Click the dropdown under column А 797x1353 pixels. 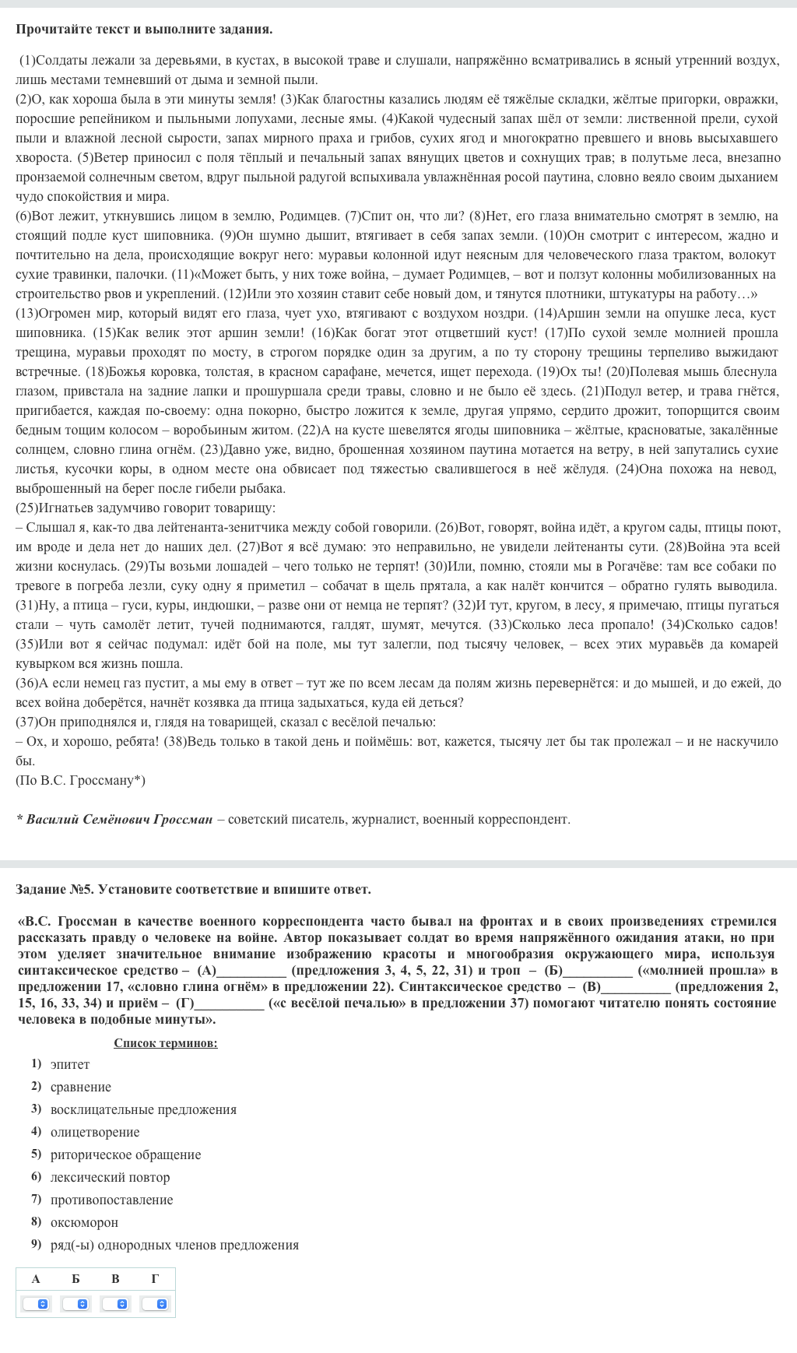(37, 1303)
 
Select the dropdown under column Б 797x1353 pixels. (76, 1303)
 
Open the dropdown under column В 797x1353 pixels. (116, 1303)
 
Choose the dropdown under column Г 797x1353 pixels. (156, 1303)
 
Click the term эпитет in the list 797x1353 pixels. (70, 1064)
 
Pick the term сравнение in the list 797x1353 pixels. (81, 1087)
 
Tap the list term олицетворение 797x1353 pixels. (95, 1132)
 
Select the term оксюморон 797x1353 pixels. (84, 1222)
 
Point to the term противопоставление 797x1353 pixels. (111, 1200)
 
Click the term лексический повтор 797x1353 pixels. (110, 1177)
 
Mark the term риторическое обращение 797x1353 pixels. (125, 1154)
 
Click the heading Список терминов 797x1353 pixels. (166, 1043)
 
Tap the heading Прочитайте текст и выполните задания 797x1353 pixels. (144, 30)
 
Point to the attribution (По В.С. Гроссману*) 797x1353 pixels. (80, 780)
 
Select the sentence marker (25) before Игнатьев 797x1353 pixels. (26, 508)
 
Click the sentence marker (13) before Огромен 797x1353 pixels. (26, 313)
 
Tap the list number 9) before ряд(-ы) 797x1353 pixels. (36, 1244)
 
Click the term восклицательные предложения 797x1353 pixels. (143, 1109)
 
